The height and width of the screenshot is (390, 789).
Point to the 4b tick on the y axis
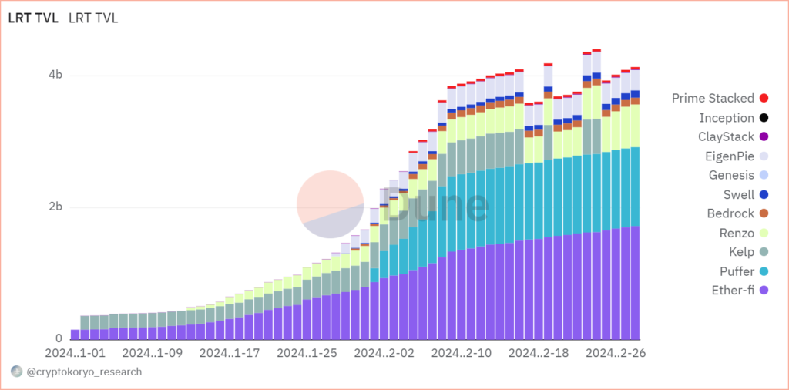click(x=55, y=76)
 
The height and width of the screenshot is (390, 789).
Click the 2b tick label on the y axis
click(x=55, y=207)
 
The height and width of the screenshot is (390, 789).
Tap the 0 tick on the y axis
click(x=59, y=339)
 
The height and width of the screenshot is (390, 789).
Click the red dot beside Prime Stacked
click(x=764, y=98)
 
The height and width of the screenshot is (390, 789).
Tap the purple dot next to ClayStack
click(x=764, y=137)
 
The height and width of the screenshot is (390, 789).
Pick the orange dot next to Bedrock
click(x=764, y=213)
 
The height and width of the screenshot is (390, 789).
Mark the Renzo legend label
click(x=736, y=232)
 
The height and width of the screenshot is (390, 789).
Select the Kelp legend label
click(x=741, y=251)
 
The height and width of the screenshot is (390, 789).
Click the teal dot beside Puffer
click(x=764, y=271)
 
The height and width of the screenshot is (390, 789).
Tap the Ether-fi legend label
click(x=732, y=290)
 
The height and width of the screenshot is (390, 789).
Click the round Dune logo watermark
click(x=330, y=203)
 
